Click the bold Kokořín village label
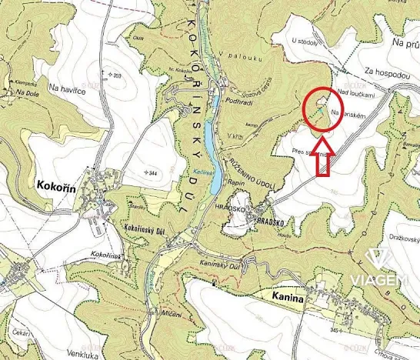[52, 185]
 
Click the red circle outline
[323, 111]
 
